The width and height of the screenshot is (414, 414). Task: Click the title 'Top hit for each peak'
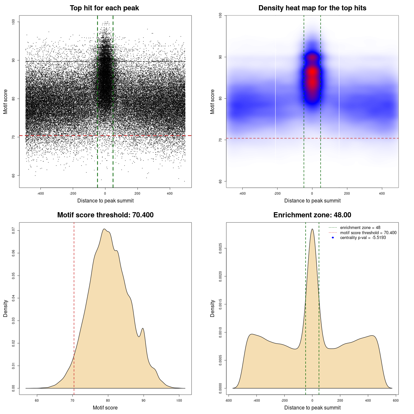coord(104,8)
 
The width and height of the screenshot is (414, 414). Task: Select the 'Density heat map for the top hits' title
coord(312,8)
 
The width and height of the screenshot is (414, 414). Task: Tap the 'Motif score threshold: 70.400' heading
coord(105,215)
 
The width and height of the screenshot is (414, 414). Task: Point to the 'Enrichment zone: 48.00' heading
coord(312,215)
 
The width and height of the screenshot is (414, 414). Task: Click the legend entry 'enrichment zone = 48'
coord(360,228)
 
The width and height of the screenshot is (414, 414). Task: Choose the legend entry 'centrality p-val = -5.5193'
coord(363,238)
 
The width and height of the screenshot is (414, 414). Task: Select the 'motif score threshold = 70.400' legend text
coord(368,233)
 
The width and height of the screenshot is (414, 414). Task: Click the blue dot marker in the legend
coord(333,238)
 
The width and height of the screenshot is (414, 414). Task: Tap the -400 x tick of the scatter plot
coord(40,194)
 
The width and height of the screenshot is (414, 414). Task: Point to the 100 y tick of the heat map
coord(220,15)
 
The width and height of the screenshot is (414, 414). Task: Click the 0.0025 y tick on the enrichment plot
coord(220,248)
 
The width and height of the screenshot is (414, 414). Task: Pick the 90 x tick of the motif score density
coord(143,401)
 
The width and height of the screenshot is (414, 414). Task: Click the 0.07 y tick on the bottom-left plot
coord(13,230)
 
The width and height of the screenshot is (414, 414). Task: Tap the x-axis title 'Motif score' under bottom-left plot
coord(105,408)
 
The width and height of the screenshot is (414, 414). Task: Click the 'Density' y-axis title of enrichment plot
coord(212,308)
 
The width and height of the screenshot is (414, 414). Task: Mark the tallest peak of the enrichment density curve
coord(312,229)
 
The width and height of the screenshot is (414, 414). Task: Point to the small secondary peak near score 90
coord(143,329)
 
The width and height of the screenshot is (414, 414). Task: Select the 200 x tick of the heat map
coord(347,194)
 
